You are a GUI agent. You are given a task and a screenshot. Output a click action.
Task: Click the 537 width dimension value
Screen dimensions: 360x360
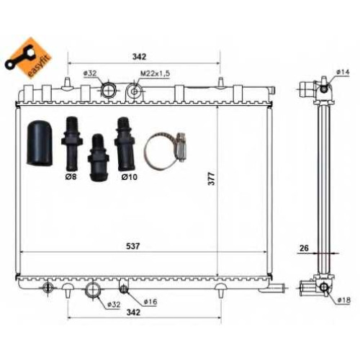coord(132,246)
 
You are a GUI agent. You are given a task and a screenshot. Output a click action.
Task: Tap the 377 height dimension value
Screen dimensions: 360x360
coord(212,179)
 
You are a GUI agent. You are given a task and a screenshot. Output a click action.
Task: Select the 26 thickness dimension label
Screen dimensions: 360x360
coord(304,248)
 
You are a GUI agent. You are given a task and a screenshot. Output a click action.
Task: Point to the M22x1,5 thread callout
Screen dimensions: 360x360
coord(155,73)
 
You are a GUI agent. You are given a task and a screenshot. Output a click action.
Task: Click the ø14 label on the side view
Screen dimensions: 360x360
coord(343,72)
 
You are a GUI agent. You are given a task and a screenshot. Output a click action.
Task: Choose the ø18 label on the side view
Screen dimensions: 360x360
coord(343,300)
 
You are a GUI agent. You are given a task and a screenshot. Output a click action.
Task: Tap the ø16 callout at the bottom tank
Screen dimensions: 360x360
coord(150,302)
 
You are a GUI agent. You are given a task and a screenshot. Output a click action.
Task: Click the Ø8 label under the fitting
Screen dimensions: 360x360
coord(71,177)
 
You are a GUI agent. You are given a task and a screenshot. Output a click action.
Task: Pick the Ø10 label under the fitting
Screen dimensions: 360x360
coord(130,177)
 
